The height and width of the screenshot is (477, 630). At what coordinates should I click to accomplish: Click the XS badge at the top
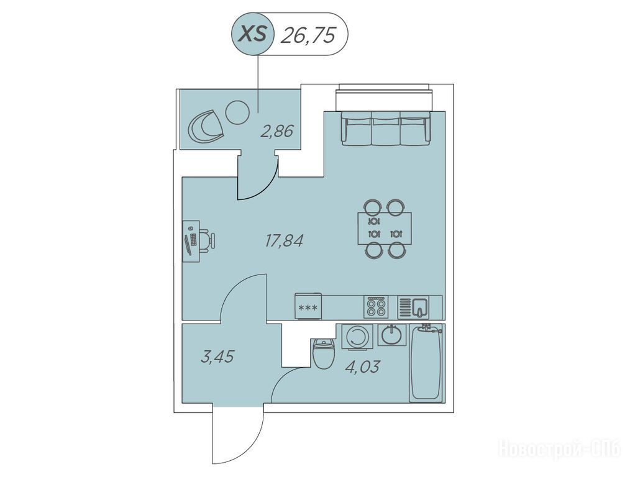click(x=252, y=34)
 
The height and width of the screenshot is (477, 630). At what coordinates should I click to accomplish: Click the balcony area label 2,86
click(x=277, y=131)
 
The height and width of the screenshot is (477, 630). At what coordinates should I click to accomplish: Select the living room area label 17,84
click(x=284, y=240)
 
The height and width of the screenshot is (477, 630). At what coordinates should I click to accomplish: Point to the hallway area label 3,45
click(x=217, y=356)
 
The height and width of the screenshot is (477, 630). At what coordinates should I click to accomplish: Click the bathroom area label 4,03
click(x=362, y=366)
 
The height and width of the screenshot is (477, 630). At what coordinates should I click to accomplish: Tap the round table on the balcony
click(x=238, y=112)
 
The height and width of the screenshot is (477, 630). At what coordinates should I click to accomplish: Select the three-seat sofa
click(x=386, y=128)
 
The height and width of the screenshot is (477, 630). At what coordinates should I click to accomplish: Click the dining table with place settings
click(x=385, y=228)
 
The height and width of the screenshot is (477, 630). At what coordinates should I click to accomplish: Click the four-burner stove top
click(x=377, y=307)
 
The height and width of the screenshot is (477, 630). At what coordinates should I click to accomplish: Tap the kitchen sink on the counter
click(x=414, y=307)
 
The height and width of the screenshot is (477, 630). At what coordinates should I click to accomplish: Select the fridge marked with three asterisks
click(x=308, y=307)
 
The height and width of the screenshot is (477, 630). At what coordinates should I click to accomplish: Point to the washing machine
click(x=357, y=336)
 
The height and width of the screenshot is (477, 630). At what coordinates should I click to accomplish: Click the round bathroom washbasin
click(x=392, y=335)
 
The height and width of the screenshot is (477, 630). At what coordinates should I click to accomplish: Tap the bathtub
click(x=426, y=363)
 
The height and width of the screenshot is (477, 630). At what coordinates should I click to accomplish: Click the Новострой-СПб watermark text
click(x=559, y=448)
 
